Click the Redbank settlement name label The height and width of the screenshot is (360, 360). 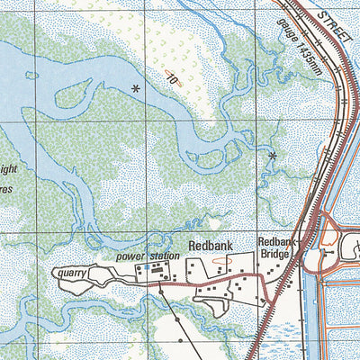click(x=211, y=245)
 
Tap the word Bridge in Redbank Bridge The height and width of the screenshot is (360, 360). click(x=276, y=255)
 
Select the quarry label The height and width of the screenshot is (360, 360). click(x=69, y=271)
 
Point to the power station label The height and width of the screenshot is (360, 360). click(x=142, y=256)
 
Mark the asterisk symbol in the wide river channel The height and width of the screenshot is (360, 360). click(x=135, y=88)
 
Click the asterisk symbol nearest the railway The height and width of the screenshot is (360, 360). click(x=272, y=156)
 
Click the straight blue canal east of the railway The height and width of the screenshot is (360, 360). click(x=316, y=306)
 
